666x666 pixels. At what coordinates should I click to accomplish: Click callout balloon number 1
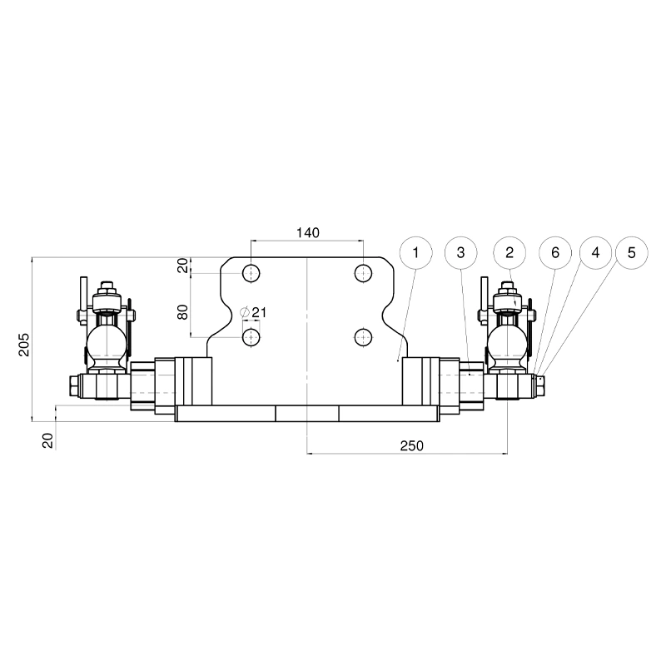(x=415, y=253)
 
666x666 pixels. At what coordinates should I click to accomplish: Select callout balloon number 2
(x=509, y=253)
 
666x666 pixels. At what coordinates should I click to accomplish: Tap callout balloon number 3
(x=461, y=253)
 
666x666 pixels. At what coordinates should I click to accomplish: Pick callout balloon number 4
(x=595, y=253)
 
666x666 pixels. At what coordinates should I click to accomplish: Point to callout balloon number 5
(x=632, y=253)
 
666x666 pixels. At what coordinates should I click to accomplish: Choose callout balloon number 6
(x=555, y=253)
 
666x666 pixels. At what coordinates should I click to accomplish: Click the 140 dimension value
(x=307, y=233)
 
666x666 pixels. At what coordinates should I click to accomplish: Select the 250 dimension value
(x=411, y=445)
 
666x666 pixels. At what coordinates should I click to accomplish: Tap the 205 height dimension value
(x=25, y=345)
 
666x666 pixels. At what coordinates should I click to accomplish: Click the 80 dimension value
(x=182, y=312)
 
